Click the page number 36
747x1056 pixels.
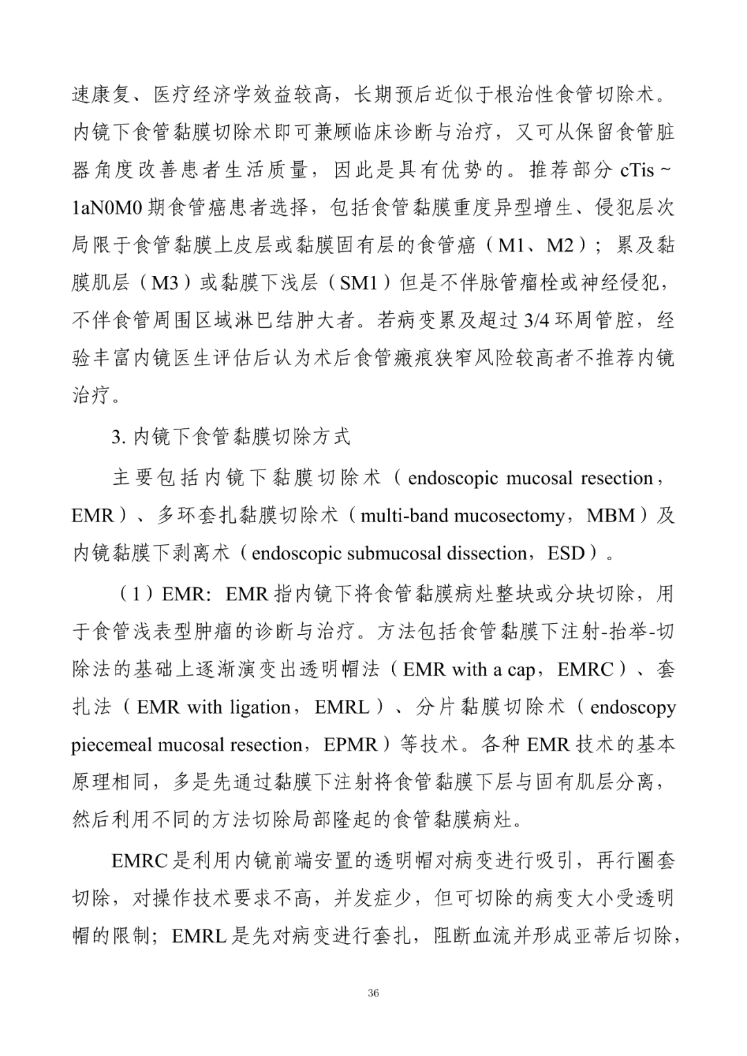coord(373,994)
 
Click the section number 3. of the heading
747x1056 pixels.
coord(118,436)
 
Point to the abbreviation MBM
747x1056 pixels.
coord(609,516)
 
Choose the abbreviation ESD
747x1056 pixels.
coord(566,553)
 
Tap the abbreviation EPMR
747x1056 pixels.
coord(350,745)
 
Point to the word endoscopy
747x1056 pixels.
coord(633,707)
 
